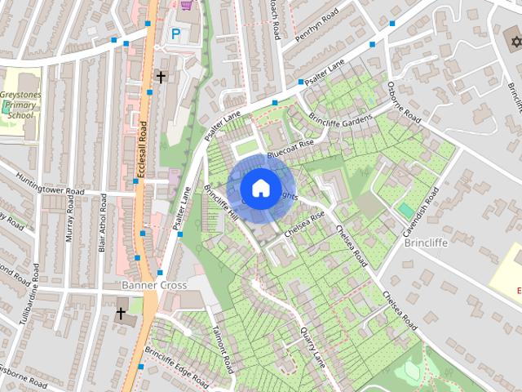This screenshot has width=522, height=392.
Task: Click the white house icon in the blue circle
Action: click(260, 188)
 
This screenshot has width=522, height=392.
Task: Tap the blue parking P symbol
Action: click(175, 34)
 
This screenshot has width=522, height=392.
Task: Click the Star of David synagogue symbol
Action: click(512, 40)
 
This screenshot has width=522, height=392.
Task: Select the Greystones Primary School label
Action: click(20, 105)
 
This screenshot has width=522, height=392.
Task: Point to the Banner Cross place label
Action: click(154, 286)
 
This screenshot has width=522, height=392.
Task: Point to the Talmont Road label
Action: click(223, 350)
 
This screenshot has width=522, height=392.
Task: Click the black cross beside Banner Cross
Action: click(121, 313)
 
